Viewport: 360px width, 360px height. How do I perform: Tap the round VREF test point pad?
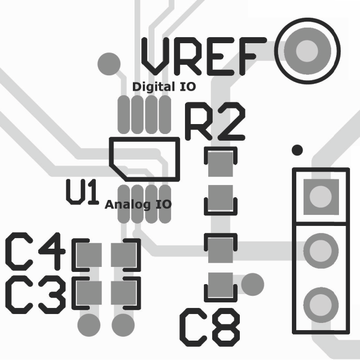click(307, 52)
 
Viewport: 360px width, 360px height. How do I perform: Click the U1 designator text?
click(82, 192)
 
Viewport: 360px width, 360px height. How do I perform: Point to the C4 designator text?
click(37, 251)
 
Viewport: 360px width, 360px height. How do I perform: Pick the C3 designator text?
click(37, 294)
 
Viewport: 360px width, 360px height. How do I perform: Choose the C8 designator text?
click(210, 327)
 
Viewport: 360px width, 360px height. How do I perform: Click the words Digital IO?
click(164, 87)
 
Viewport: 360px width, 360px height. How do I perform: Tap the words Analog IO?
click(138, 204)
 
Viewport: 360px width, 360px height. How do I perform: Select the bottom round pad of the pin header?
click(321, 304)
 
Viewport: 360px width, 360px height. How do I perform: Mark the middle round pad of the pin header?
click(321, 250)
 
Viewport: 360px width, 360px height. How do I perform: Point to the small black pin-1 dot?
click(297, 150)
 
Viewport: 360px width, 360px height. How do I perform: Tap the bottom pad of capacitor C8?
click(220, 285)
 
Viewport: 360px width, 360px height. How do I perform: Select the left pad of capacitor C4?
click(89, 255)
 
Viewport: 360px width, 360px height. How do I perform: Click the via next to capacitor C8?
click(253, 284)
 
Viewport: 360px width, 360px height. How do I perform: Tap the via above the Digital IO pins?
click(109, 63)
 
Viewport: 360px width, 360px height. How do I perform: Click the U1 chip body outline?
click(145, 159)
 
